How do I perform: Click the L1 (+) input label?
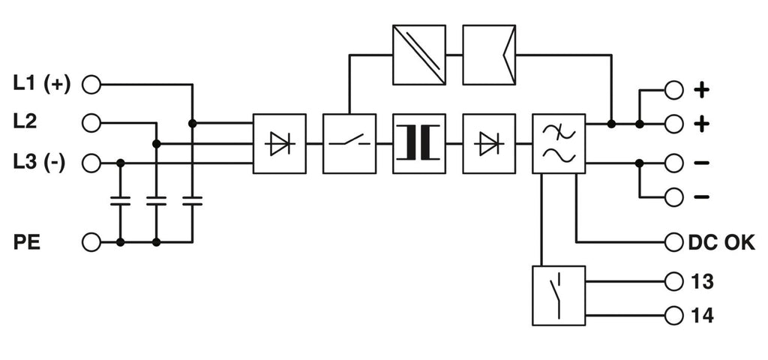[42, 85]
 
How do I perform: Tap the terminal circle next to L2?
[91, 123]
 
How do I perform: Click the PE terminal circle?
[91, 242]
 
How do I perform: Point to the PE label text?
[26, 242]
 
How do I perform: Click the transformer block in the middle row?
[418, 143]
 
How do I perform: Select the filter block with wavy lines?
[558, 143]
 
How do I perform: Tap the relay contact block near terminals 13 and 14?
[558, 295]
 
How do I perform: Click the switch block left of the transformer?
[348, 143]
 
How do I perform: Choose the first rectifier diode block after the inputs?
[279, 143]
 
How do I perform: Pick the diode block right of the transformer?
[488, 143]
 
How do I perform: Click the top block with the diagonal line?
[418, 55]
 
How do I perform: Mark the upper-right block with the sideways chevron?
[488, 55]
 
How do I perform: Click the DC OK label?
[721, 242]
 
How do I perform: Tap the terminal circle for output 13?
[673, 282]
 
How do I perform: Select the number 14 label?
[702, 316]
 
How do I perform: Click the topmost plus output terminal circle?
[673, 90]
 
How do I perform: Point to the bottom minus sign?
[702, 197]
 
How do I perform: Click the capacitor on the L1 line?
[193, 201]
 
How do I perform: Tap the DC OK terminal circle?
[673, 242]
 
